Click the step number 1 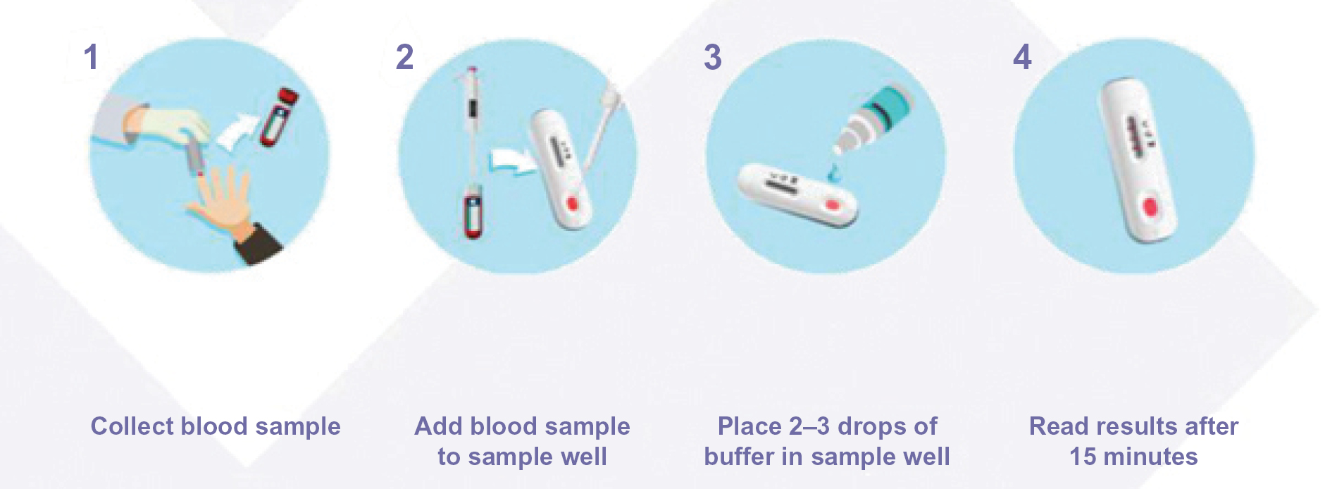coord(91,57)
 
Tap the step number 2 coord(404,57)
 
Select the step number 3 coord(713,57)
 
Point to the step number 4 coord(1022,57)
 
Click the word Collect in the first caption coord(132,426)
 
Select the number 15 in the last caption coord(1083,457)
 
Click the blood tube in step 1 coord(278,116)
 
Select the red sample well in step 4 coord(1150,209)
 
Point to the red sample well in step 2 coord(571,204)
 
